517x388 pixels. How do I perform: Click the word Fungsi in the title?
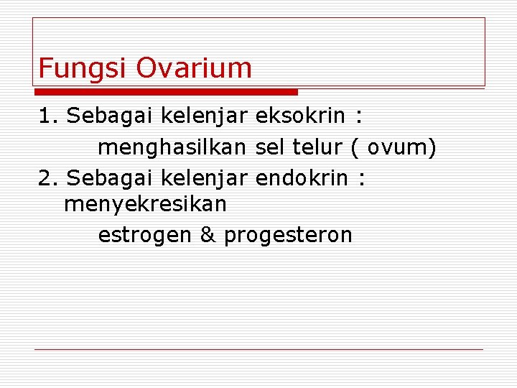point(83,68)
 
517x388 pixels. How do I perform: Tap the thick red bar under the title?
point(166,92)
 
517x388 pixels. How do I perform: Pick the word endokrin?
point(302,177)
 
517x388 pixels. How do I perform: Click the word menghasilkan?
point(173,147)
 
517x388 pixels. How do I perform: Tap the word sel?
point(271,147)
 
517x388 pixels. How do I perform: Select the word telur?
point(318,147)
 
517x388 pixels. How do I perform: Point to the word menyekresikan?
point(145,205)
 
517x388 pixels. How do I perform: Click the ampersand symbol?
point(208,235)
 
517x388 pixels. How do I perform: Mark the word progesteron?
point(288,236)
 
